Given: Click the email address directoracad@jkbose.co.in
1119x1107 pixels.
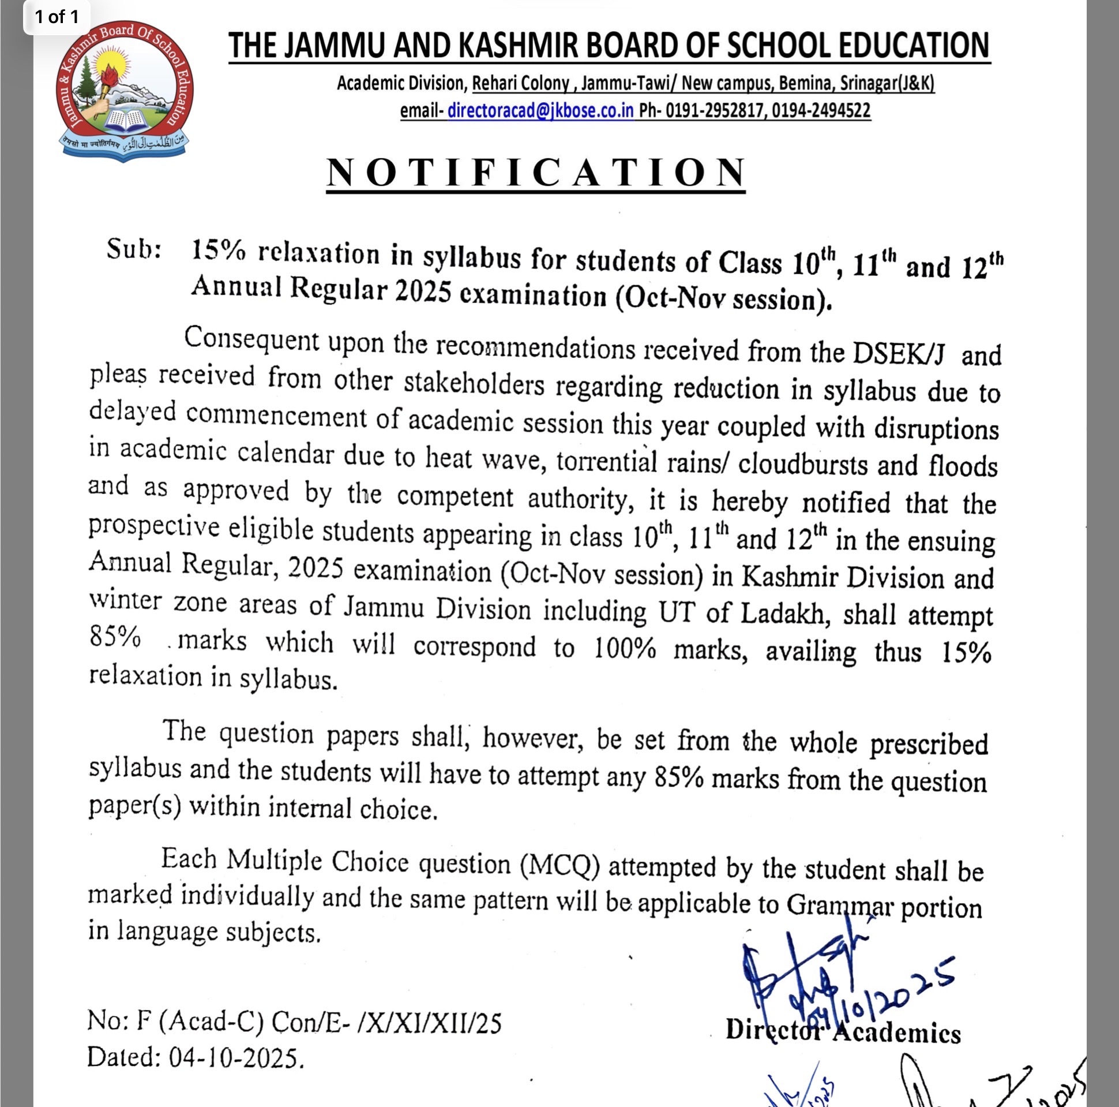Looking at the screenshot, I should (x=540, y=110).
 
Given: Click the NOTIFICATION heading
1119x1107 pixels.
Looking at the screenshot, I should (x=536, y=173).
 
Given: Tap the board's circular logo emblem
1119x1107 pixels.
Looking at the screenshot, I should (x=125, y=91).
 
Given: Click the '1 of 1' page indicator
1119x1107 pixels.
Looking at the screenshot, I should (x=56, y=16).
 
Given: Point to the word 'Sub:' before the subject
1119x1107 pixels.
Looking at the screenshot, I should (x=134, y=250).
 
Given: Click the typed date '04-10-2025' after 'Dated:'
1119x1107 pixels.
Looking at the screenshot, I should (x=235, y=1059).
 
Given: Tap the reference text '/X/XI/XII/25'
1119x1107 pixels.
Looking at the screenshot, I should (x=429, y=1023).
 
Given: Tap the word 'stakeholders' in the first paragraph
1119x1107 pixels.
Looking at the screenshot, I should (x=474, y=383).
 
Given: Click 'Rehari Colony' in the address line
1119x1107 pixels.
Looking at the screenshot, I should (x=520, y=84).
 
